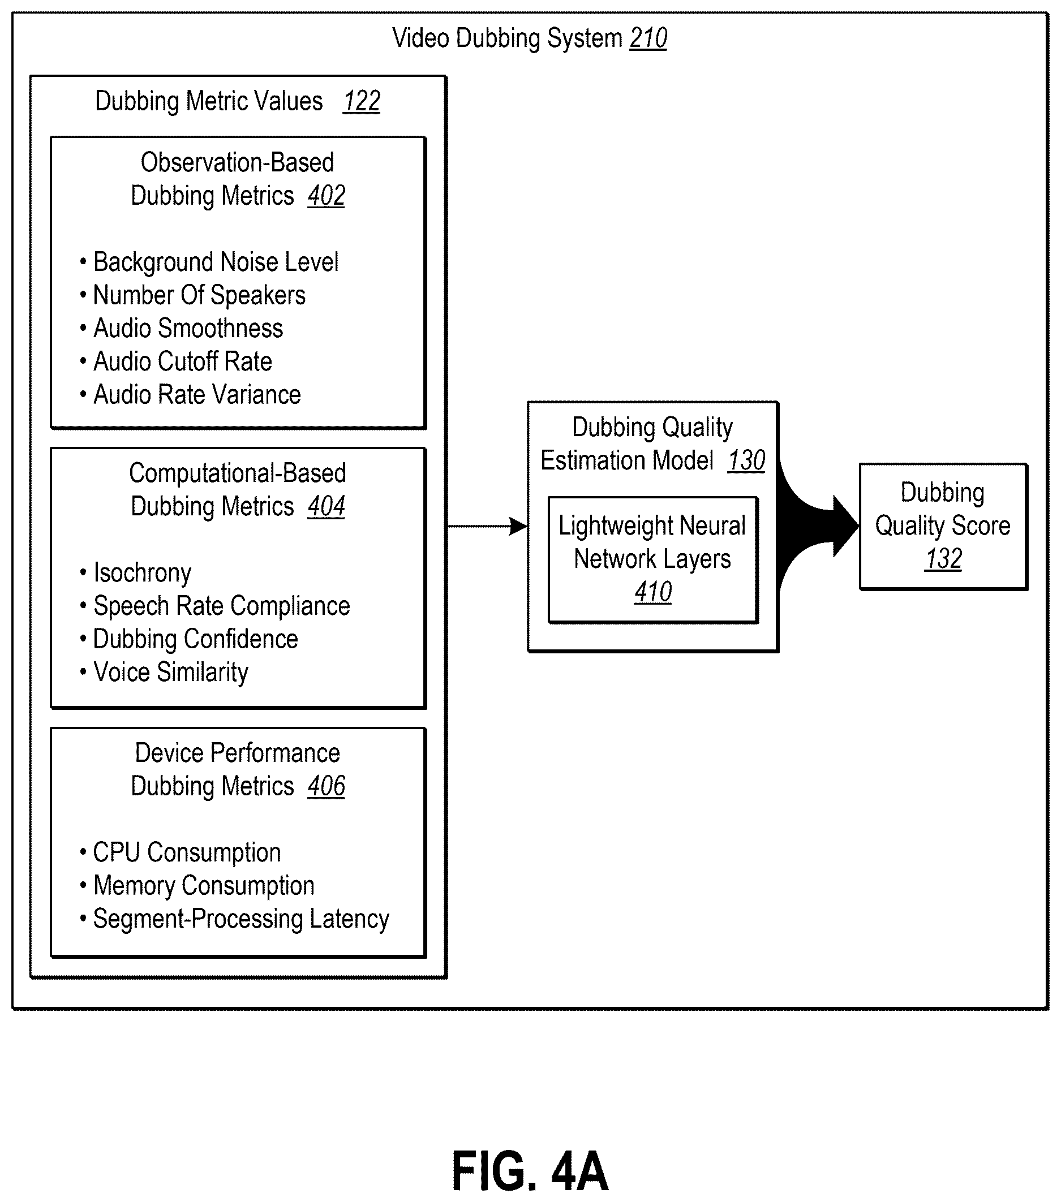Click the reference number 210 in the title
648,39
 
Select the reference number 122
362,102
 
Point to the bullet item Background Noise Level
209,262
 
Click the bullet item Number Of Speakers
193,295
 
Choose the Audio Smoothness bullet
181,329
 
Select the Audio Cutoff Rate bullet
176,361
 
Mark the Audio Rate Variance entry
191,395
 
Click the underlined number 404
327,507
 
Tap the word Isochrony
143,574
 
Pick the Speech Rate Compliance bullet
215,606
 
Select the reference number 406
327,787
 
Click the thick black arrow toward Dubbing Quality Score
818,525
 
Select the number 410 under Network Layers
653,592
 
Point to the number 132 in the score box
943,559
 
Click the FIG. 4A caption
530,1171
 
